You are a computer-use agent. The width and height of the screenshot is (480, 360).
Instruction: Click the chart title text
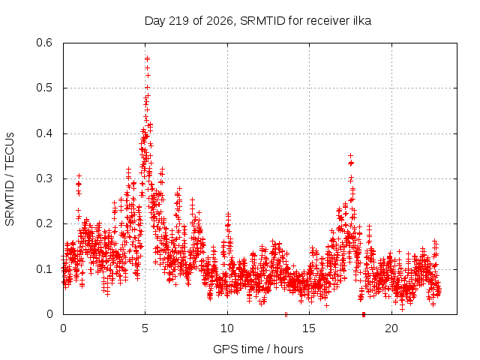coord(258,21)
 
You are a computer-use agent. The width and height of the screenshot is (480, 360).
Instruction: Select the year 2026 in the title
coord(220,21)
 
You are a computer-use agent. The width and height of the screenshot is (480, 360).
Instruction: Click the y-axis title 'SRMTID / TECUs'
coord(10,179)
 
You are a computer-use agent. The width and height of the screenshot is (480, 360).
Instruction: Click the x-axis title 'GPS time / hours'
coord(258,349)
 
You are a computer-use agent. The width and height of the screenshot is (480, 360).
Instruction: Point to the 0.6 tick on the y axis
coord(44,43)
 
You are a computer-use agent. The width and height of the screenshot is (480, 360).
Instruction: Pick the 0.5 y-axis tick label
coord(44,88)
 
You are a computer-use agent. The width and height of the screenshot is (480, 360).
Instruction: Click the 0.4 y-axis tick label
coord(44,133)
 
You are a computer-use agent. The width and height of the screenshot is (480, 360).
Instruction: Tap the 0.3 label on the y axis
coord(44,178)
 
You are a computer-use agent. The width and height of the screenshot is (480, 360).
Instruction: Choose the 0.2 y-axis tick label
coord(44,223)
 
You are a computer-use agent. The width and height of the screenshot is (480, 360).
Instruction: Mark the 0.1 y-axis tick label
coord(44,269)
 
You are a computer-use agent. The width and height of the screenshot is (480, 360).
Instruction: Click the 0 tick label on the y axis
coord(49,314)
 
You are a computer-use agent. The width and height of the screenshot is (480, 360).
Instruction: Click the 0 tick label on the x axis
coord(63,328)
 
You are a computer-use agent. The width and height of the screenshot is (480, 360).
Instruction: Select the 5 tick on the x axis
coord(145,328)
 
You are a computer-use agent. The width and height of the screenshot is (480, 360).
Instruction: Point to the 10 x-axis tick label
coord(227,328)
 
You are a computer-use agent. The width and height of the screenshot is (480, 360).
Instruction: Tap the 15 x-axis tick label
coord(309,328)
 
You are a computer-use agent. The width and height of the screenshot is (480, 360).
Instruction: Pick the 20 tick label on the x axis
coord(391,328)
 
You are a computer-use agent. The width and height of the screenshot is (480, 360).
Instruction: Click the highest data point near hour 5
coord(147,58)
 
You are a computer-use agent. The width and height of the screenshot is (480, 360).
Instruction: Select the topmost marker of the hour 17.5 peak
coord(351,155)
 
